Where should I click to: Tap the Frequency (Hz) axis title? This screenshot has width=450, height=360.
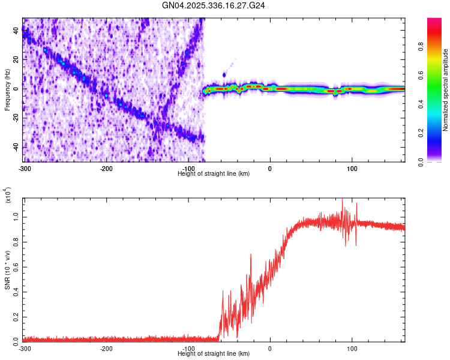point(8,90)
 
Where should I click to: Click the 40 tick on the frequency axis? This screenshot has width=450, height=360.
point(17,31)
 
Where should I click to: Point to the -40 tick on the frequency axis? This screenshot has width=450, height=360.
point(16,147)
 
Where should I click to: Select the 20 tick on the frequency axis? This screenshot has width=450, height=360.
point(17,60)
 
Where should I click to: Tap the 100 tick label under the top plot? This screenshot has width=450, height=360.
point(352,168)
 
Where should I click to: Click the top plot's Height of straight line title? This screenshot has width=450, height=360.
point(214,173)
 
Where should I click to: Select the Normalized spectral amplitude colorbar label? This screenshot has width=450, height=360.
point(446,90)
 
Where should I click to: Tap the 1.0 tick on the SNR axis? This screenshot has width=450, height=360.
point(16,218)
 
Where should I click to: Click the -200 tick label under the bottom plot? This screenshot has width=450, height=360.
point(106,348)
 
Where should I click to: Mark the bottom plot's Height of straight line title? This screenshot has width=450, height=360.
point(214,353)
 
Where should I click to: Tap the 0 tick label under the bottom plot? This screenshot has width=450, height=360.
point(270,348)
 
